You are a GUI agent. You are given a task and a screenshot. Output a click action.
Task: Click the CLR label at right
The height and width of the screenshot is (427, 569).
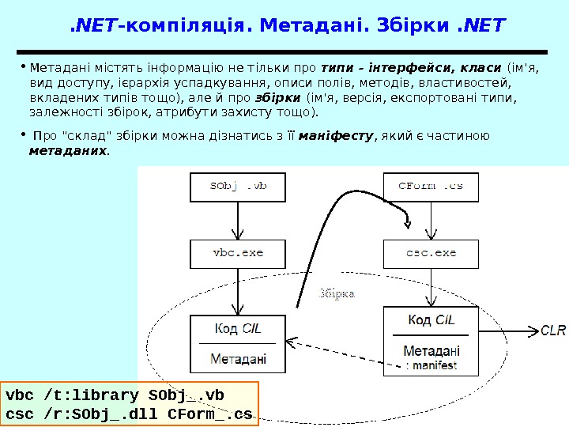[x=553, y=330]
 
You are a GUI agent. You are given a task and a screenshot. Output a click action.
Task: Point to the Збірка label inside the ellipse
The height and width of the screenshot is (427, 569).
[x=337, y=293]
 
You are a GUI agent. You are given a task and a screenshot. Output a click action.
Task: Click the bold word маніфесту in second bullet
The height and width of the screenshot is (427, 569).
[x=341, y=136]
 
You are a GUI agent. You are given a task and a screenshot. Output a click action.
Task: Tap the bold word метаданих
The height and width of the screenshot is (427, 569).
[x=68, y=149]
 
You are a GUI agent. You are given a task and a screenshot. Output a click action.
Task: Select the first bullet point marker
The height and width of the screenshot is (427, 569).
[x=23, y=64]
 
